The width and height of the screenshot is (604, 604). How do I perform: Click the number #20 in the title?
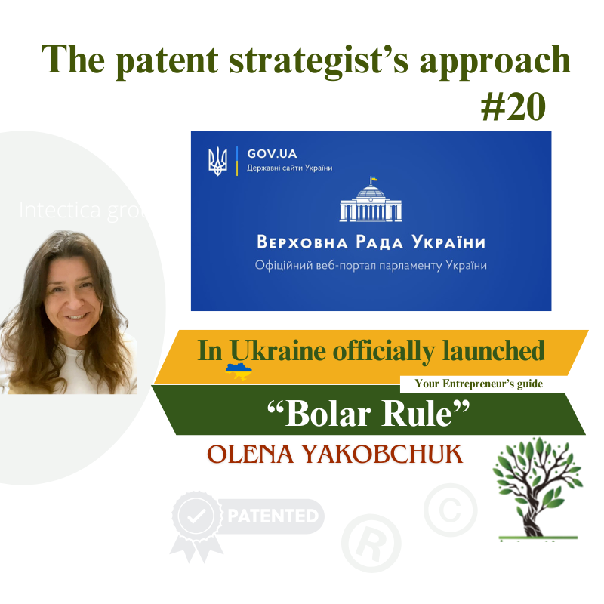coord(513,109)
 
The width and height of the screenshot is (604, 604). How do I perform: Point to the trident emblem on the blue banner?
coord(217,161)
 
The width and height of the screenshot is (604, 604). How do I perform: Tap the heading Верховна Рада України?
coord(370,243)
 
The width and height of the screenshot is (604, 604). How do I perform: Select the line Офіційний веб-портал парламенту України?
coord(370,266)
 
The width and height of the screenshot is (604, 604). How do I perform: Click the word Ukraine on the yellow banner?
coord(260,351)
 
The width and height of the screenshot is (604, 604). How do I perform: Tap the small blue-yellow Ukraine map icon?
coord(239,371)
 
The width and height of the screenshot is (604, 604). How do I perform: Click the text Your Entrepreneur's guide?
coord(479,384)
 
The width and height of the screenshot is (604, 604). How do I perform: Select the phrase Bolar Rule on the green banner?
coord(369,414)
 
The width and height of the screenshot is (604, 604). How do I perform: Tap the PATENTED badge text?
coord(273,517)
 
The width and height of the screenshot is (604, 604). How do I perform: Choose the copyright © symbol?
coord(450,510)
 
